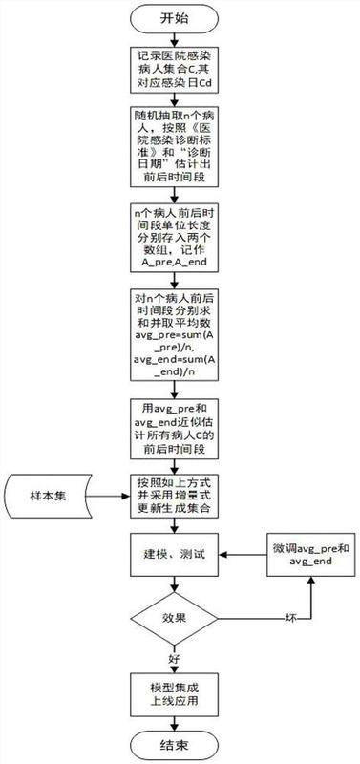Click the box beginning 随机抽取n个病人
coord(174,147)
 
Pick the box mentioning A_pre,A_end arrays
coord(174,237)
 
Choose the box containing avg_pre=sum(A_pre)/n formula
coord(174,334)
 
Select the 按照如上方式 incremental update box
coord(174,496)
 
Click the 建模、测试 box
coord(174,555)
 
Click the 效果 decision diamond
coord(174,618)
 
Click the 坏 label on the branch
coord(290,618)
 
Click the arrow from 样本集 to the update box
coord(109,497)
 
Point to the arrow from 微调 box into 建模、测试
coord(243,555)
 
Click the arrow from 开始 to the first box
coord(174,38)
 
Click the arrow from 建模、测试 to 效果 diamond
coord(174,584)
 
